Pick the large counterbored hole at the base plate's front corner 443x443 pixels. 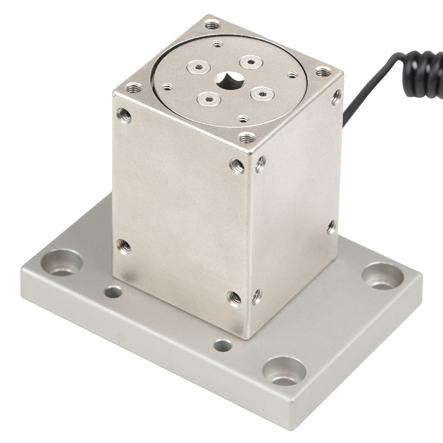pyautogui.click(x=284, y=372)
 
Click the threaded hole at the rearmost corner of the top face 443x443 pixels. pyautogui.click(x=212, y=25)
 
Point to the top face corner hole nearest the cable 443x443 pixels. pyautogui.click(x=323, y=72)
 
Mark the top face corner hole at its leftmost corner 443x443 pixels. pyautogui.click(x=134, y=87)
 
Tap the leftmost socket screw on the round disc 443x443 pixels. pyautogui.click(x=197, y=68)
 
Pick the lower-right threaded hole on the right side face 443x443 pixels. pyautogui.click(x=331, y=225)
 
